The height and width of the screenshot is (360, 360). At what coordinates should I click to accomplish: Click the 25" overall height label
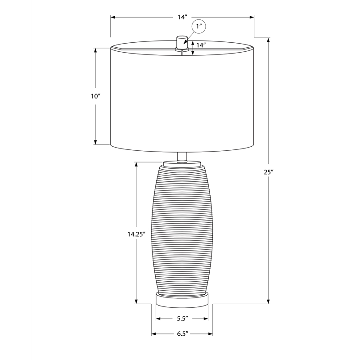[269, 172]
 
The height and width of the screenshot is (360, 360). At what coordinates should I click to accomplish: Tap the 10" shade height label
[96, 96]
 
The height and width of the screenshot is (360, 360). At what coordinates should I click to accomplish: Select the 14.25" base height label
[137, 234]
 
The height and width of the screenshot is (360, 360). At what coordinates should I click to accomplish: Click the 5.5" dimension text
[183, 319]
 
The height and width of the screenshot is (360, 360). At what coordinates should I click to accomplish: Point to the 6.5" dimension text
[183, 333]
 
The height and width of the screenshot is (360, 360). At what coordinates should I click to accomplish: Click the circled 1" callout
[199, 27]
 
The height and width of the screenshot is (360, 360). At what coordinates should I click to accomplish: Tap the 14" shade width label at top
[183, 17]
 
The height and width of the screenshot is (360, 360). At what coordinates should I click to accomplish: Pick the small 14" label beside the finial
[201, 45]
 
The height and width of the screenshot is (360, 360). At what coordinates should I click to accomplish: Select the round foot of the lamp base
[182, 299]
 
